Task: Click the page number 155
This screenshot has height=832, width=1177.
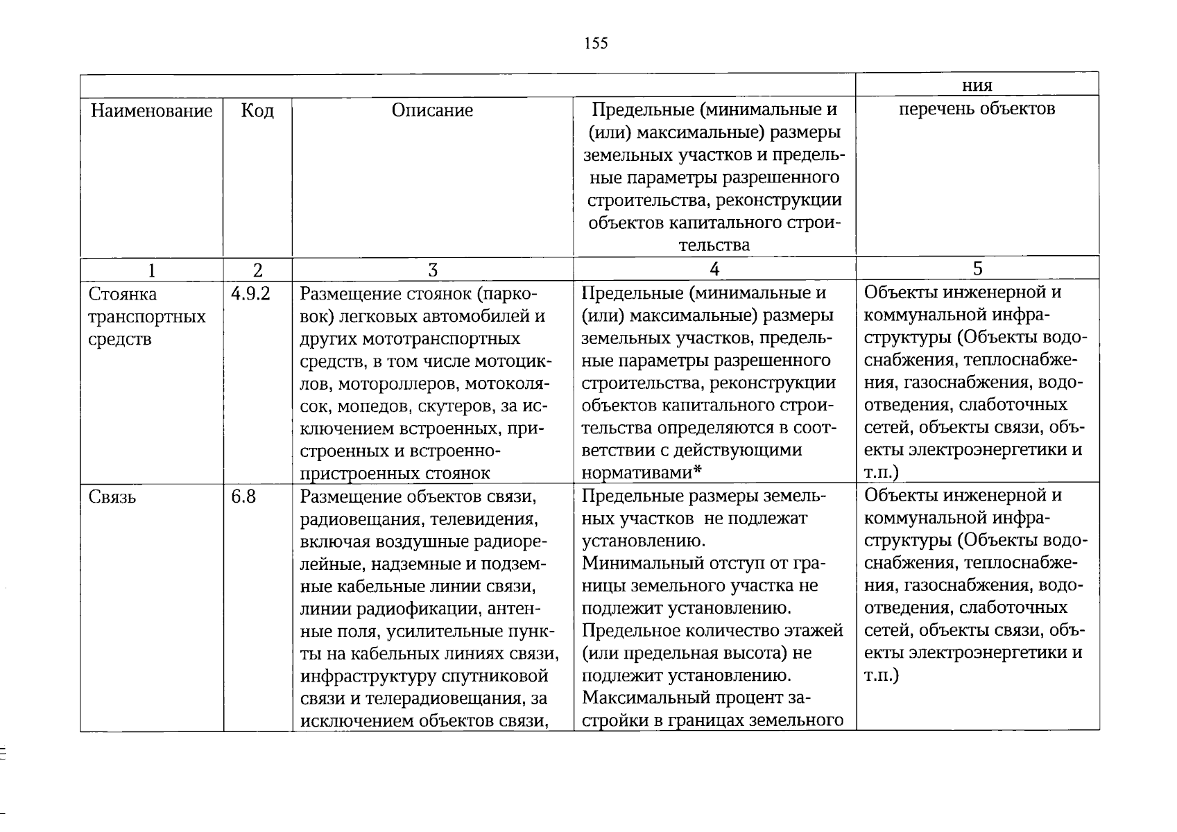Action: click(x=596, y=44)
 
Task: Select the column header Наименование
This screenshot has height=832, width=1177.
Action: click(x=151, y=111)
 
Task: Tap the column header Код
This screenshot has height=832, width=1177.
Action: click(x=257, y=111)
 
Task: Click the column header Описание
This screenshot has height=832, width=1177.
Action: click(x=432, y=110)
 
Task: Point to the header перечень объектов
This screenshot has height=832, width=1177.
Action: click(x=977, y=109)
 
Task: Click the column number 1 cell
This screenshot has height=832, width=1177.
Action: click(x=151, y=270)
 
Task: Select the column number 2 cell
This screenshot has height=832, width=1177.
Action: click(x=257, y=270)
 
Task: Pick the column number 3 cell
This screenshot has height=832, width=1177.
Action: click(x=432, y=270)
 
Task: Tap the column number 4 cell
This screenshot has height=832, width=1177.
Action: click(x=714, y=269)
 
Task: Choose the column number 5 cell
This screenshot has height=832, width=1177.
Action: click(x=977, y=269)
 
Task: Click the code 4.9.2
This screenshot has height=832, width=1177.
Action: click(x=250, y=294)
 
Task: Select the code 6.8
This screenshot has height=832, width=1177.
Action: click(x=243, y=496)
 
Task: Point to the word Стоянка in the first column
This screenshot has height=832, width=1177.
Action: click(x=123, y=294)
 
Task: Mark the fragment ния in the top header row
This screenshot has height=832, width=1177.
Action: click(x=977, y=86)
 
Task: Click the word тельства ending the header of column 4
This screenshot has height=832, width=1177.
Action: click(x=714, y=245)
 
